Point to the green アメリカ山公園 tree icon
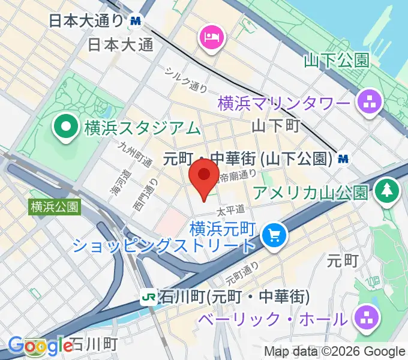(x=387, y=191)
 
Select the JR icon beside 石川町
(x=148, y=296)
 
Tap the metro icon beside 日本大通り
(x=135, y=20)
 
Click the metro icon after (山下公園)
(x=343, y=158)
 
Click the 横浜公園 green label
(x=53, y=207)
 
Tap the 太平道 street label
(x=232, y=211)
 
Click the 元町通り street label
(x=242, y=274)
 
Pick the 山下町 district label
(x=275, y=126)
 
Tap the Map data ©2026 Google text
(x=335, y=352)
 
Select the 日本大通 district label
(x=120, y=44)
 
